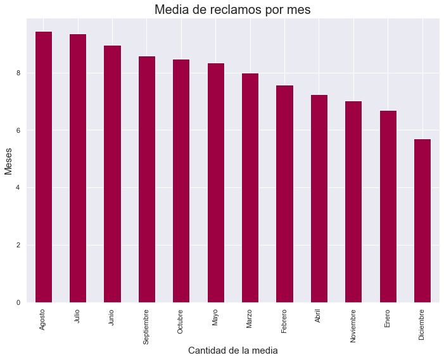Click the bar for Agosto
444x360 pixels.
pos(43,167)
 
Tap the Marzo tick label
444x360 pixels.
pos(250,320)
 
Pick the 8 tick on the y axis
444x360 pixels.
pos(19,73)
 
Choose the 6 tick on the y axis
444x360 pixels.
pos(19,130)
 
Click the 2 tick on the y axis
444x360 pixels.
pos(19,245)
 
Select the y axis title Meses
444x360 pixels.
pos(9,161)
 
